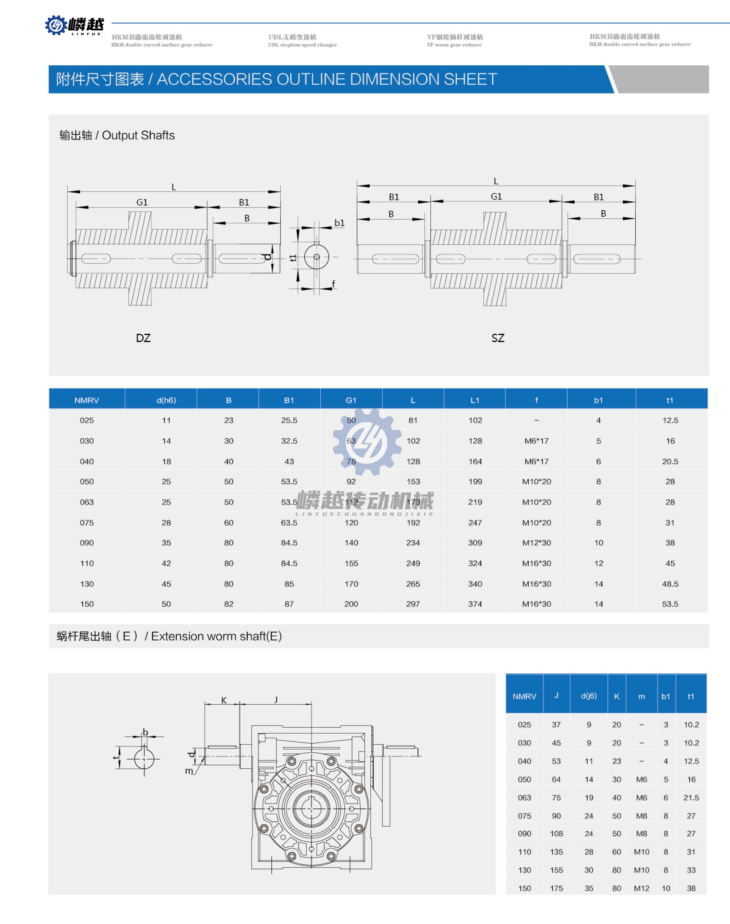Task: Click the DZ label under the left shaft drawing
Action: [143, 338]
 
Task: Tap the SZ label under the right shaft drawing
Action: [498, 338]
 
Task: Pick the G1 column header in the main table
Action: [351, 400]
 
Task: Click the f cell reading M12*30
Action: [536, 543]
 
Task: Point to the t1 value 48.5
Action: [670, 584]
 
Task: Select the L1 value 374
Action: [475, 604]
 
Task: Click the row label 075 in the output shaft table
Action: [87, 523]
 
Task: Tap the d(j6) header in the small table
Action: [588, 696]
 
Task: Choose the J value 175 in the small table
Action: [556, 888]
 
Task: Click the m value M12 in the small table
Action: [641, 888]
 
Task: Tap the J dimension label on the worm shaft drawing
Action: [276, 699]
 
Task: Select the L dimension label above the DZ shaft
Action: [174, 187]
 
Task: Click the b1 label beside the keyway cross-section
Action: [339, 223]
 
